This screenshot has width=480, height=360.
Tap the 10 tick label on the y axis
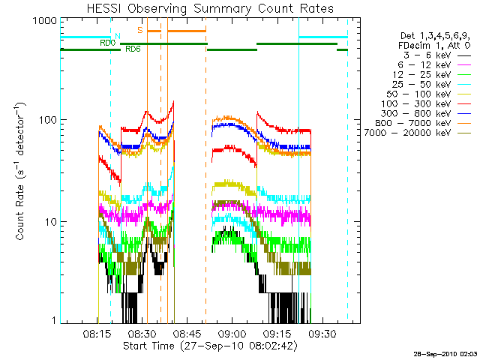[51, 222]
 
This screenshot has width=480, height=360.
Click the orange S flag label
[140, 30]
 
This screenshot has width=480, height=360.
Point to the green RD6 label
[133, 49]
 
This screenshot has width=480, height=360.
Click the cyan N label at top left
[117, 36]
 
